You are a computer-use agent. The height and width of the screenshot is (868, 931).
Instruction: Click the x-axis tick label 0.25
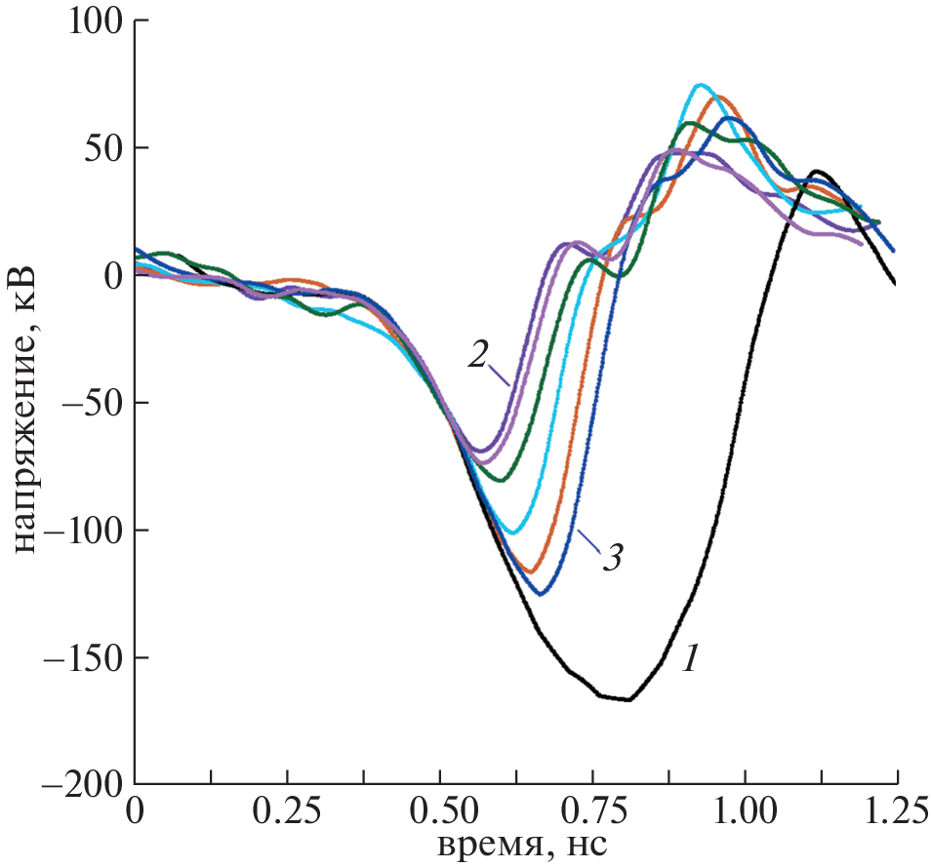(x=287, y=812)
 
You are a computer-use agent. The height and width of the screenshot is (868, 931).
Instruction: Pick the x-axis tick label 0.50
(x=440, y=812)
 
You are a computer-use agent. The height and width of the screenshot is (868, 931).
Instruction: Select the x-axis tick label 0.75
(x=592, y=812)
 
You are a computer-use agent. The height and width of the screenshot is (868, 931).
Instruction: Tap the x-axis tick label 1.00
(x=745, y=812)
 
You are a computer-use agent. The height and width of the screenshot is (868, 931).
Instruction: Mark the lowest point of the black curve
(x=628, y=699)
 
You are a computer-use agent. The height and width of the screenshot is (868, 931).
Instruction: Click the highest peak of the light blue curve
(x=700, y=85)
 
